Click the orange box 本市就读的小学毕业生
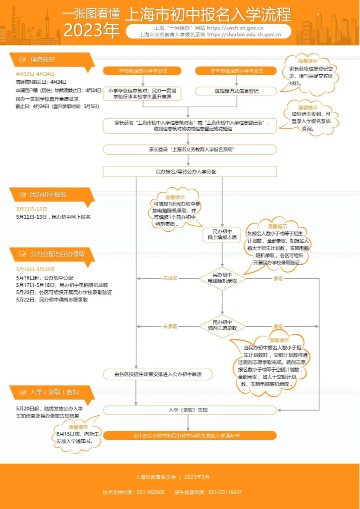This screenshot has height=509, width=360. pyautogui.click(x=143, y=70)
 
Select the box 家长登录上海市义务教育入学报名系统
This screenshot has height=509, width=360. pyautogui.click(x=190, y=149)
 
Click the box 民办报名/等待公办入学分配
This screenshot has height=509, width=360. pyautogui.click(x=190, y=172)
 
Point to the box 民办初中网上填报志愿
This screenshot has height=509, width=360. pyautogui.click(x=222, y=234)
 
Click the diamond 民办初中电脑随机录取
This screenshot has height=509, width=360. pyautogui.click(x=222, y=278)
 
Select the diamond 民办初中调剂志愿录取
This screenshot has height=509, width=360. pyautogui.click(x=222, y=326)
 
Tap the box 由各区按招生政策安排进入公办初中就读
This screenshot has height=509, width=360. pyautogui.click(x=157, y=374)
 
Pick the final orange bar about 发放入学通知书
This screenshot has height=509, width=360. pyautogui.click(x=190, y=435)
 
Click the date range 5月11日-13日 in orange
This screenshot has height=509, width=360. pyautogui.click(x=31, y=209)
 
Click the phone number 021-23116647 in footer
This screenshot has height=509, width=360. pyautogui.click(x=225, y=492)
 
